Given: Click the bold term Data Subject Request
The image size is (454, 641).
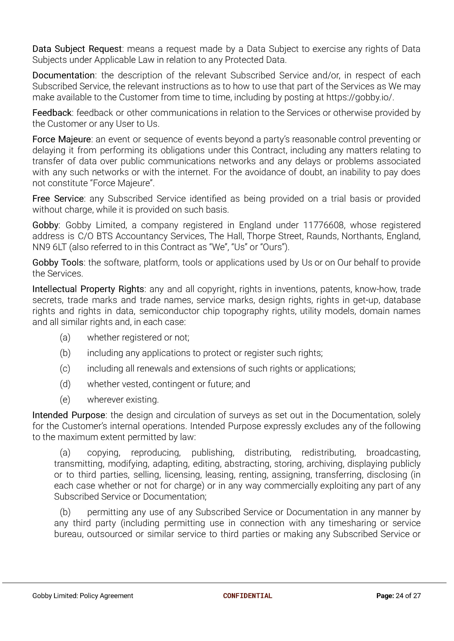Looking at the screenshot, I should click(x=77, y=49).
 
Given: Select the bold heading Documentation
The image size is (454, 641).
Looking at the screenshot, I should click(x=63, y=75).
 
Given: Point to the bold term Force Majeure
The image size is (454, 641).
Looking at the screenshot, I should click(x=61, y=139).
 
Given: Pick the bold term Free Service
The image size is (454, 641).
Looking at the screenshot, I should click(x=58, y=199).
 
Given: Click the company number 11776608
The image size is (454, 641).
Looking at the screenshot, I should click(x=323, y=225).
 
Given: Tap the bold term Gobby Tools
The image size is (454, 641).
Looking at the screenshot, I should click(x=58, y=263).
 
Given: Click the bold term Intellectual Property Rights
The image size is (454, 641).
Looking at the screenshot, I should click(x=88, y=289).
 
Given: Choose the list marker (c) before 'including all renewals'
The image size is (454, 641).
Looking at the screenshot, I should click(x=65, y=369).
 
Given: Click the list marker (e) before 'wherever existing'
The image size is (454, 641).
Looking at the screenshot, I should click(x=65, y=400).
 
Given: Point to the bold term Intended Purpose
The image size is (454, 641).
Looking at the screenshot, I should click(x=69, y=415).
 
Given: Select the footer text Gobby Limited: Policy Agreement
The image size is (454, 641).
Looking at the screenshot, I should click(x=83, y=596).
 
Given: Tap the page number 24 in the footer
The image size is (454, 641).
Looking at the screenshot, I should click(x=399, y=596).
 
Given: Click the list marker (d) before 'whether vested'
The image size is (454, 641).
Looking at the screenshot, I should click(x=65, y=384).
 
